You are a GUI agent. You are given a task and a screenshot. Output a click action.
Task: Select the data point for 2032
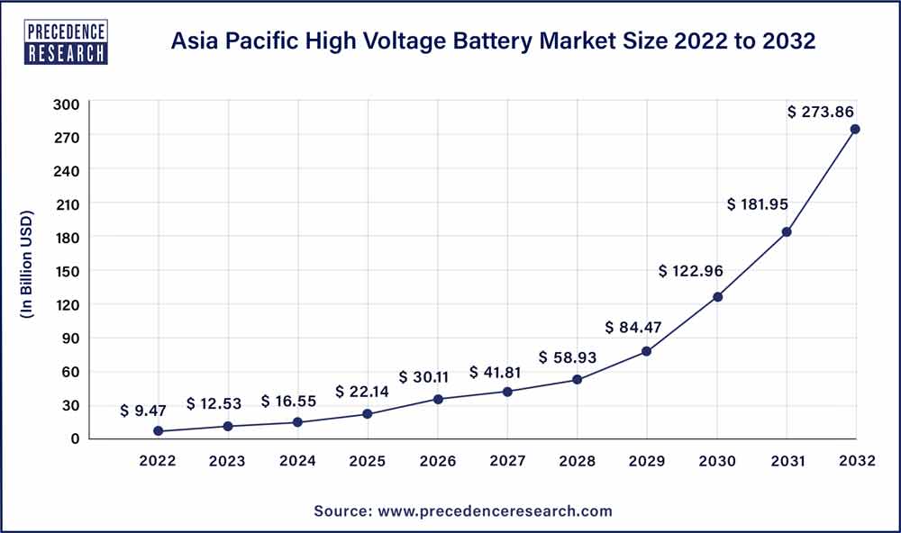(855, 129)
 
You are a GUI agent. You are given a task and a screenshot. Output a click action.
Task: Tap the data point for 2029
(646, 351)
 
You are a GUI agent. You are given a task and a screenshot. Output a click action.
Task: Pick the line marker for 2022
(159, 431)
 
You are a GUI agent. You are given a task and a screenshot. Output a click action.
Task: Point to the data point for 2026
(438, 399)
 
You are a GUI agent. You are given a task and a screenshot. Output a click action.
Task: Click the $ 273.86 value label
(821, 112)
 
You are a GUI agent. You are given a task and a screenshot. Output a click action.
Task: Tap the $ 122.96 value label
(690, 270)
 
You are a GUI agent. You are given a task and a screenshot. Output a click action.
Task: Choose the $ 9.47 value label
(143, 411)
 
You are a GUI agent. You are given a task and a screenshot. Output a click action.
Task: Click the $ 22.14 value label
(362, 391)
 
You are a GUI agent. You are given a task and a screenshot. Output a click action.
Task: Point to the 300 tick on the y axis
(68, 104)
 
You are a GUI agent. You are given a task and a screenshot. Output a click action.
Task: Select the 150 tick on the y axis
(68, 271)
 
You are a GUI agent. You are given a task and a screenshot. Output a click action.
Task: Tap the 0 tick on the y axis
(75, 438)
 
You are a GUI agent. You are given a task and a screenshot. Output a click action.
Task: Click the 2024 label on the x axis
(297, 461)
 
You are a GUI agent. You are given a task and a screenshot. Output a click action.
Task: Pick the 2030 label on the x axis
(716, 461)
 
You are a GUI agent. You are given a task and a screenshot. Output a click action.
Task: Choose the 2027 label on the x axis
(507, 461)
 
